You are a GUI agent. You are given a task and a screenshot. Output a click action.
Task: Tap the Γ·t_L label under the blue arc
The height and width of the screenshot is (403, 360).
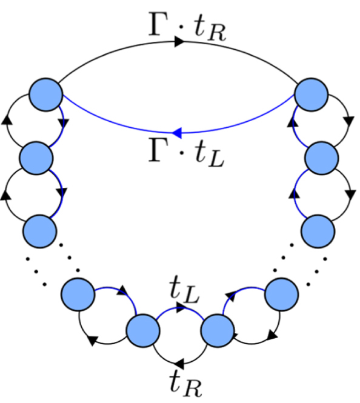[187, 153]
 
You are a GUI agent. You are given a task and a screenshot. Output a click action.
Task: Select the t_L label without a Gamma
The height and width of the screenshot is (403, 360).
[184, 291]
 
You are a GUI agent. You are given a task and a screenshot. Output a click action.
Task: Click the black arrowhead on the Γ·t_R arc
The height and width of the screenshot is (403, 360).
[179, 41]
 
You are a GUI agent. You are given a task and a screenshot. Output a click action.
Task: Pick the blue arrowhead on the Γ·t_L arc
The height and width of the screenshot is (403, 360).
[177, 133]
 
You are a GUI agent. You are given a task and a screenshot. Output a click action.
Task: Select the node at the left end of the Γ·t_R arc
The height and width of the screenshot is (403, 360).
[46, 95]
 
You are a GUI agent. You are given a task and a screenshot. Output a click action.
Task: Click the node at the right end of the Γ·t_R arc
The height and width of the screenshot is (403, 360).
[311, 95]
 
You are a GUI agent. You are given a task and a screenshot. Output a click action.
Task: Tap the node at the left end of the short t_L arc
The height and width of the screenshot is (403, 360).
[143, 330]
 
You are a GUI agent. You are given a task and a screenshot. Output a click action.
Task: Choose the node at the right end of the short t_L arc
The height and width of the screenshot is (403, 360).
[218, 330]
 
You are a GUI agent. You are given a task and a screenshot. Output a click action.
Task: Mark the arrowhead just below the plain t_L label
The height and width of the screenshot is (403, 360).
[181, 307]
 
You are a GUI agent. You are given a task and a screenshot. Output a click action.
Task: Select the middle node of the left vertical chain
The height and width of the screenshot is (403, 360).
[36, 158]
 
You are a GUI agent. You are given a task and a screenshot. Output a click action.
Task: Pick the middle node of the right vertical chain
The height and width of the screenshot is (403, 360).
[321, 158]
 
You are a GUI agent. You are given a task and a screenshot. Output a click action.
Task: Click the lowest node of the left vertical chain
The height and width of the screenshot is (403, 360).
[40, 231]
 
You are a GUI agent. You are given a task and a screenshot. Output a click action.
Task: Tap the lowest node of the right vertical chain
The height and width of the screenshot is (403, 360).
[318, 231]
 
